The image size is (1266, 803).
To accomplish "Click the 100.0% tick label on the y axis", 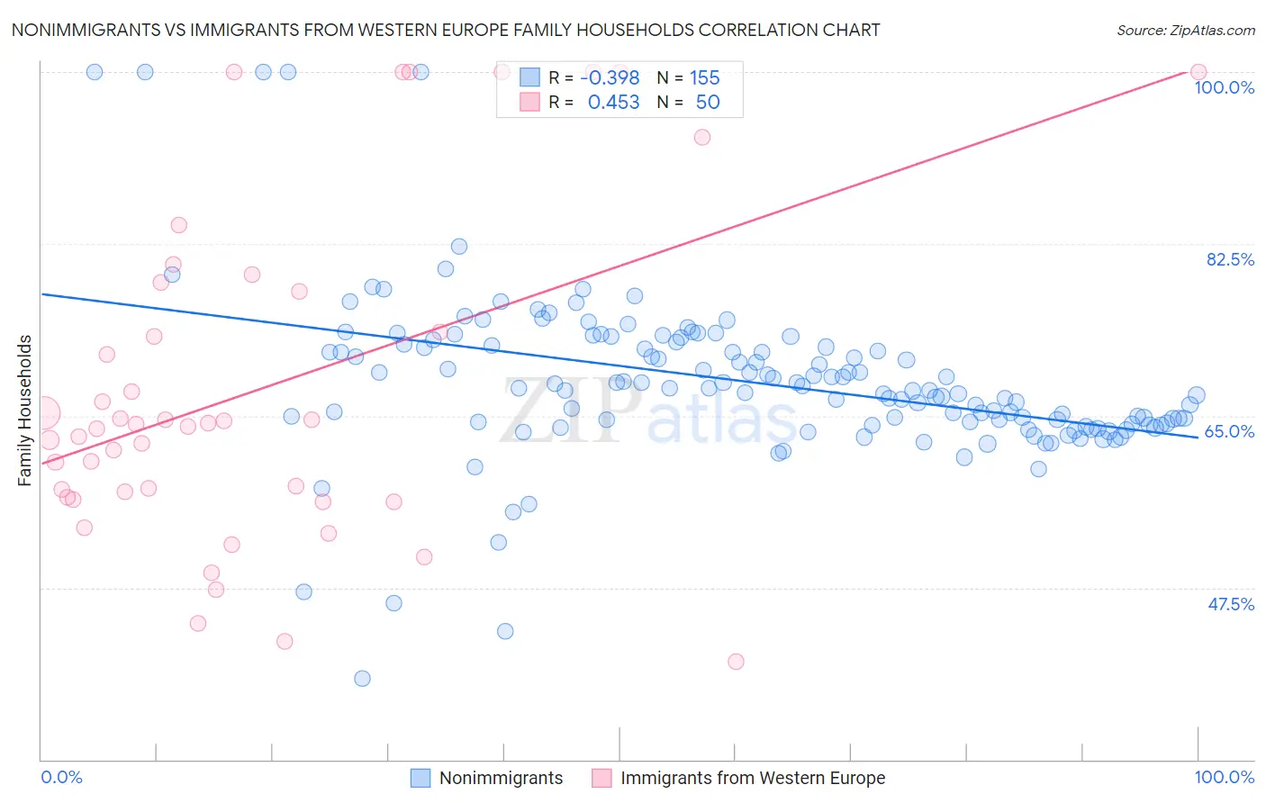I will click(1224, 88).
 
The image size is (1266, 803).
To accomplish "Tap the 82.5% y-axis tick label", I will click(1230, 260).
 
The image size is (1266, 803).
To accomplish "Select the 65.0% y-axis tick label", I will click(1229, 432).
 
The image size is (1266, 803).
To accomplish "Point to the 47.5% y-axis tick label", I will click(1230, 604).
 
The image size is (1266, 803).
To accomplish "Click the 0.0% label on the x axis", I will click(61, 778).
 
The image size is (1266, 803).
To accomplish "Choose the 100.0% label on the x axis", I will click(1224, 778).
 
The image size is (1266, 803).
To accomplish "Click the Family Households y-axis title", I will click(25, 411).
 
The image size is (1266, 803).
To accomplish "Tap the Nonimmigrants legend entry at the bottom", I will click(501, 779).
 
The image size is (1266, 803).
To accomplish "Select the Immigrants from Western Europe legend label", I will click(752, 779).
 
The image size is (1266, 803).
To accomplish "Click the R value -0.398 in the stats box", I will click(610, 78).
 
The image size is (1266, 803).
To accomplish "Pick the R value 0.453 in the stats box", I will click(613, 103).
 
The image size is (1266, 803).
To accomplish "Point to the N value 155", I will click(704, 78).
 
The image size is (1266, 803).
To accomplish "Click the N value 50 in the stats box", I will click(708, 103).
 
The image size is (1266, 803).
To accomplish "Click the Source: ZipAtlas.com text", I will click(1185, 31).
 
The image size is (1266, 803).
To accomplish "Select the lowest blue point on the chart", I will click(362, 679).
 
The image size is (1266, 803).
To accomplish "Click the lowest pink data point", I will click(736, 662).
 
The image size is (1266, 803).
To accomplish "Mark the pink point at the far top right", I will click(1198, 72).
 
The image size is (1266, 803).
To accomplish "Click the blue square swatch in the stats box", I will click(529, 78).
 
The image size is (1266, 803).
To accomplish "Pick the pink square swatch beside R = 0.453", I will click(529, 103).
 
